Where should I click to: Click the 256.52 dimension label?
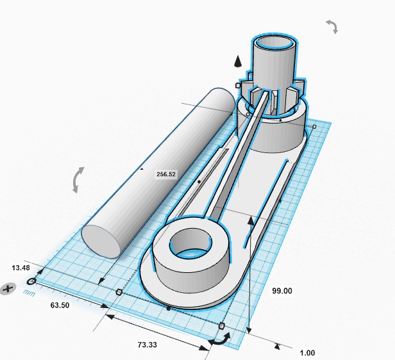tap(165, 174)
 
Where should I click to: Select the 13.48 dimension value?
tap(21, 268)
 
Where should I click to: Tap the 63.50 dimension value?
tap(60, 305)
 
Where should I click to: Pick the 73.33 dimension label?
tap(147, 345)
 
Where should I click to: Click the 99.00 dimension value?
tap(282, 291)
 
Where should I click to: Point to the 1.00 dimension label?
tap(307, 353)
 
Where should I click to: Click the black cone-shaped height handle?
tap(237, 62)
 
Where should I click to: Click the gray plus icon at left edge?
tap(8, 288)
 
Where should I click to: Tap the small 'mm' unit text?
tap(29, 293)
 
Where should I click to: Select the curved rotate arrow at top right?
tap(333, 27)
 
